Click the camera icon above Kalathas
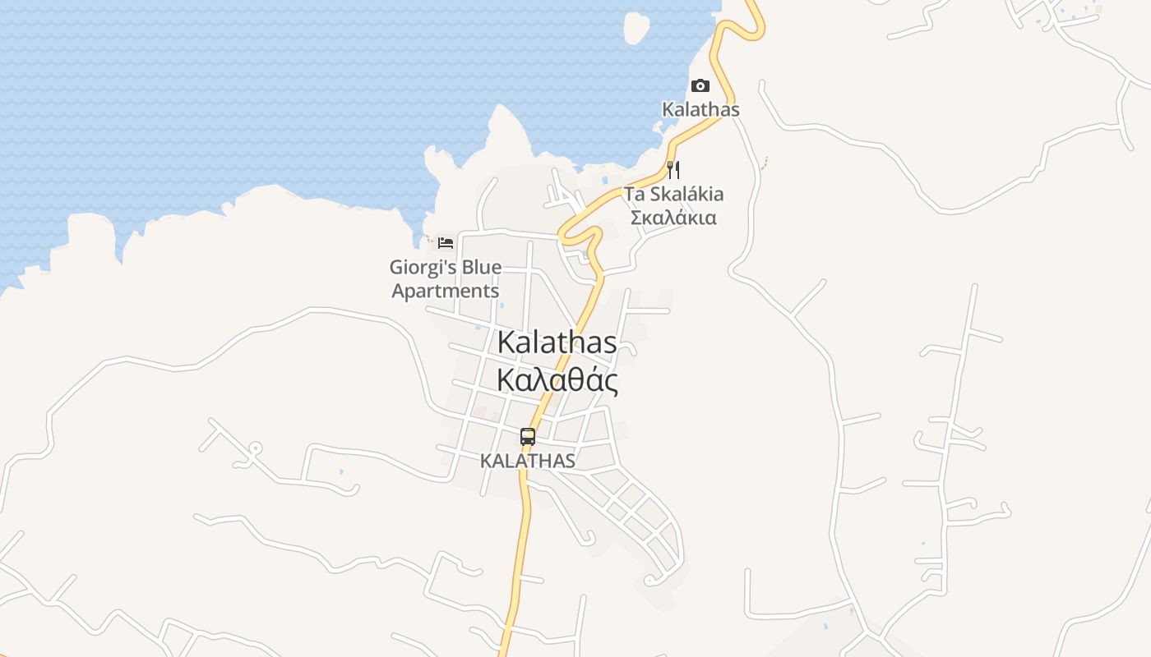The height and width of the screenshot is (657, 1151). tap(700, 86)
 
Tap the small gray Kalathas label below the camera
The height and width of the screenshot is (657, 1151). tap(701, 109)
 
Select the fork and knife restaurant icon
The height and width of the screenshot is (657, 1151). tap(673, 170)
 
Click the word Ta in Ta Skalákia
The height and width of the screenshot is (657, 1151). tap(635, 195)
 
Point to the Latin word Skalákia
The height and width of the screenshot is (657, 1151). tap(686, 195)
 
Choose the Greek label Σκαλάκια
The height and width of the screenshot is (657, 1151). tap(673, 218)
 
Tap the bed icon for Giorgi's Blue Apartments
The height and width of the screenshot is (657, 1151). tap(446, 243)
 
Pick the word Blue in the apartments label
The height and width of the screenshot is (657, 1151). tap(482, 268)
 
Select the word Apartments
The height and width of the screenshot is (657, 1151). tap(445, 291)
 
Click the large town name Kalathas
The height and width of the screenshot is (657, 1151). tap(557, 342)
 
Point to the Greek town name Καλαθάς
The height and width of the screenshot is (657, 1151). tap(557, 380)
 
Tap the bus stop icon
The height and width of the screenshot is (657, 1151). tap(528, 437)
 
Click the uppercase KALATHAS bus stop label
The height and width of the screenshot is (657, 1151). tap(528, 461)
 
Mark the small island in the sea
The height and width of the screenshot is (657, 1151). tap(636, 27)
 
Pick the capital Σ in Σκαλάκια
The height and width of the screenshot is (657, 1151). tap(636, 218)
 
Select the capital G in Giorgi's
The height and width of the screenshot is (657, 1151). tap(396, 268)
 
